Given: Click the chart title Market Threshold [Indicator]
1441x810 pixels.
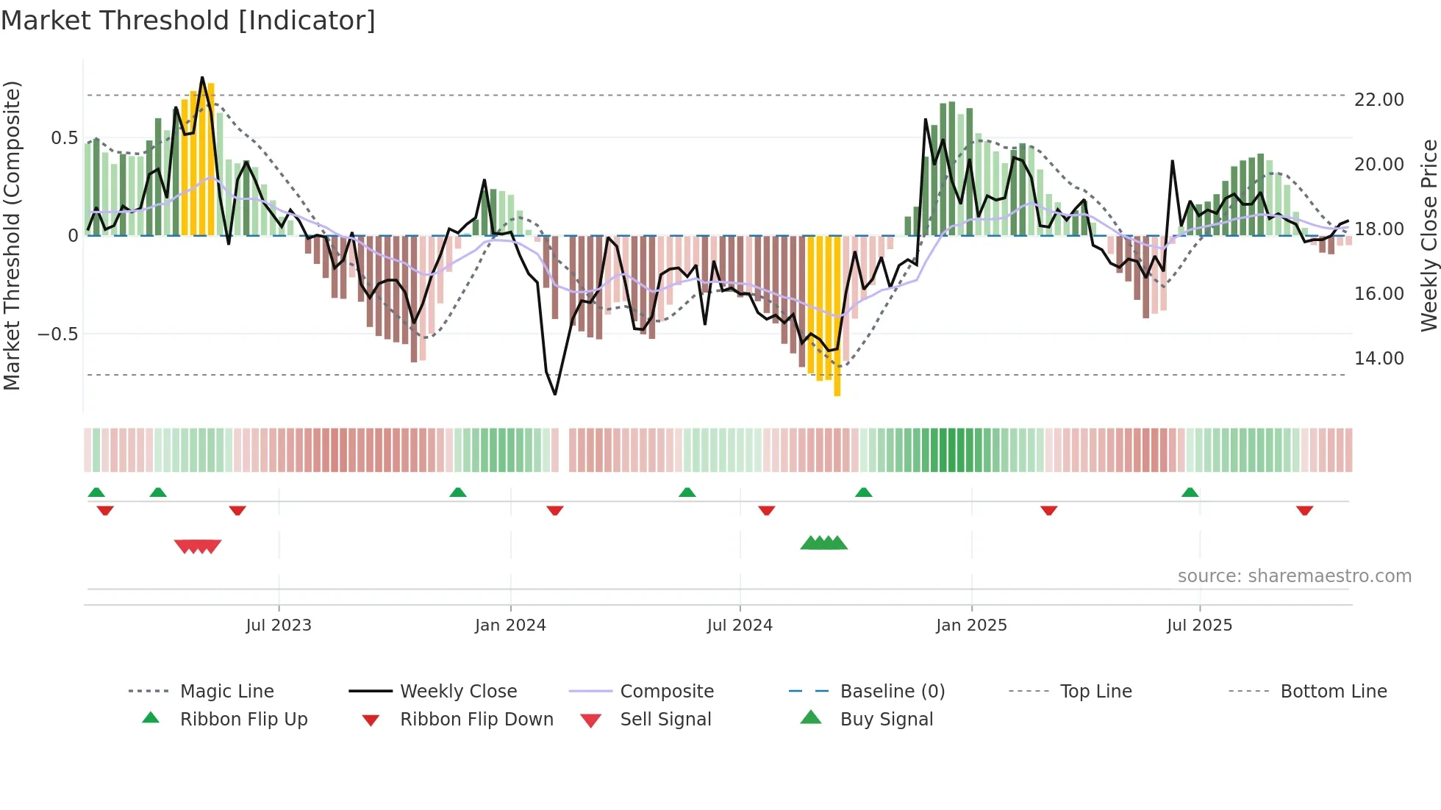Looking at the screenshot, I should point(188,21).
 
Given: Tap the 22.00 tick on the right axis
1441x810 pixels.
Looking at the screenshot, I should point(1379,100).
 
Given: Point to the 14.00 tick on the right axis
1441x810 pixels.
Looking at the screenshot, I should point(1379,359).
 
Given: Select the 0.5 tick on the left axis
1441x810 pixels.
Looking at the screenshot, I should point(64,138).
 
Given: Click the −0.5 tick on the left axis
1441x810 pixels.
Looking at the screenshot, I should point(58,334).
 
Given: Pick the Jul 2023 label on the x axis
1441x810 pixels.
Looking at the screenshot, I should point(279,626).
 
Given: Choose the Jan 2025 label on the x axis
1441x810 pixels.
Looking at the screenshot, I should point(971,626).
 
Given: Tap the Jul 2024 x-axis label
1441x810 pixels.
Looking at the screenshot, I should point(740,626).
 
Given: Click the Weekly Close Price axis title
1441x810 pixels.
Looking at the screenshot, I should point(1429,235).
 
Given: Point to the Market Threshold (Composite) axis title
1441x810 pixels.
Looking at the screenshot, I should point(12,235).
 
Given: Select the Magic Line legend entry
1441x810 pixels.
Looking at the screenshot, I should point(226,692).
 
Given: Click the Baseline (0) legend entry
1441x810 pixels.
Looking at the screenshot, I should point(892,692).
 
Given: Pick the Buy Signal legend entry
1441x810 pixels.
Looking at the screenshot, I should point(886,720).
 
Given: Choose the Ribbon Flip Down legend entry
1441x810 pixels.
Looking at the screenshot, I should point(476,720).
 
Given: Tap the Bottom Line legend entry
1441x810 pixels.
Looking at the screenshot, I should point(1333,692).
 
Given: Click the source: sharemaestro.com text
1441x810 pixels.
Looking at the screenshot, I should point(1294,576).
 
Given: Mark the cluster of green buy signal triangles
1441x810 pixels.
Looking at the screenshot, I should point(823,543).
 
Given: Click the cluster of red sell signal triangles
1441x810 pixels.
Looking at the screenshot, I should point(198,546).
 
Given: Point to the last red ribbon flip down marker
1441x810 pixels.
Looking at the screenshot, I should point(1304,510).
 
